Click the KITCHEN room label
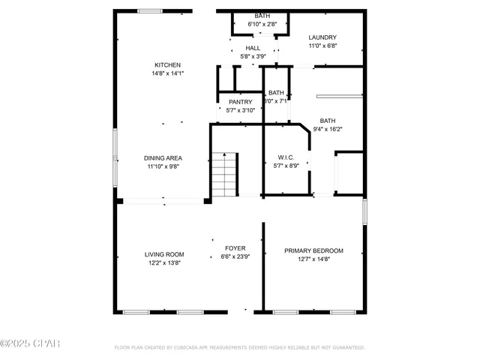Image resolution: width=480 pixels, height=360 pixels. pos(168,65)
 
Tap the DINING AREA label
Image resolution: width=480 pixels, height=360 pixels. pos(164,158)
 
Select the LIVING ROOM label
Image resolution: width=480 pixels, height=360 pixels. pos(164,254)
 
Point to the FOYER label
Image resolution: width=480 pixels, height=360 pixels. pos(235,248)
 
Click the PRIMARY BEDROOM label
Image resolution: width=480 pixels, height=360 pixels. pos(313,250)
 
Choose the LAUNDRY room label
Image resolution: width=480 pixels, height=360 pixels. pos(322,37)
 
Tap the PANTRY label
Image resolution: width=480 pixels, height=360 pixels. pos(240,102)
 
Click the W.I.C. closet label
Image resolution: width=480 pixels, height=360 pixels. pos(286,157)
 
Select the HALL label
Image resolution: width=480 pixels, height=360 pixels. pos(253,48)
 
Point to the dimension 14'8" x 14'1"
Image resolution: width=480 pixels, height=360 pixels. pos(168,73)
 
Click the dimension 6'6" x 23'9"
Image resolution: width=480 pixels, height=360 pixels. pos(235,256)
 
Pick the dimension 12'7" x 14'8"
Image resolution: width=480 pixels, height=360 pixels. pos(313,259)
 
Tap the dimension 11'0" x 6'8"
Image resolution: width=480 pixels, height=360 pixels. pos(322,46)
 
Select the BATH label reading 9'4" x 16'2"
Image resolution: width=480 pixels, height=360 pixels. pos(328,121)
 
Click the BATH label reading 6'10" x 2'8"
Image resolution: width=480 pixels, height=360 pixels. pos(262,16)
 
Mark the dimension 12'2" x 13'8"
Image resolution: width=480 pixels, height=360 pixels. pos(164,262)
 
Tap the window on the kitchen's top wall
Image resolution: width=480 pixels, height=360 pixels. pos(149,10)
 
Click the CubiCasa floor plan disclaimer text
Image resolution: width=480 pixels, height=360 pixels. pos(239,348)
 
